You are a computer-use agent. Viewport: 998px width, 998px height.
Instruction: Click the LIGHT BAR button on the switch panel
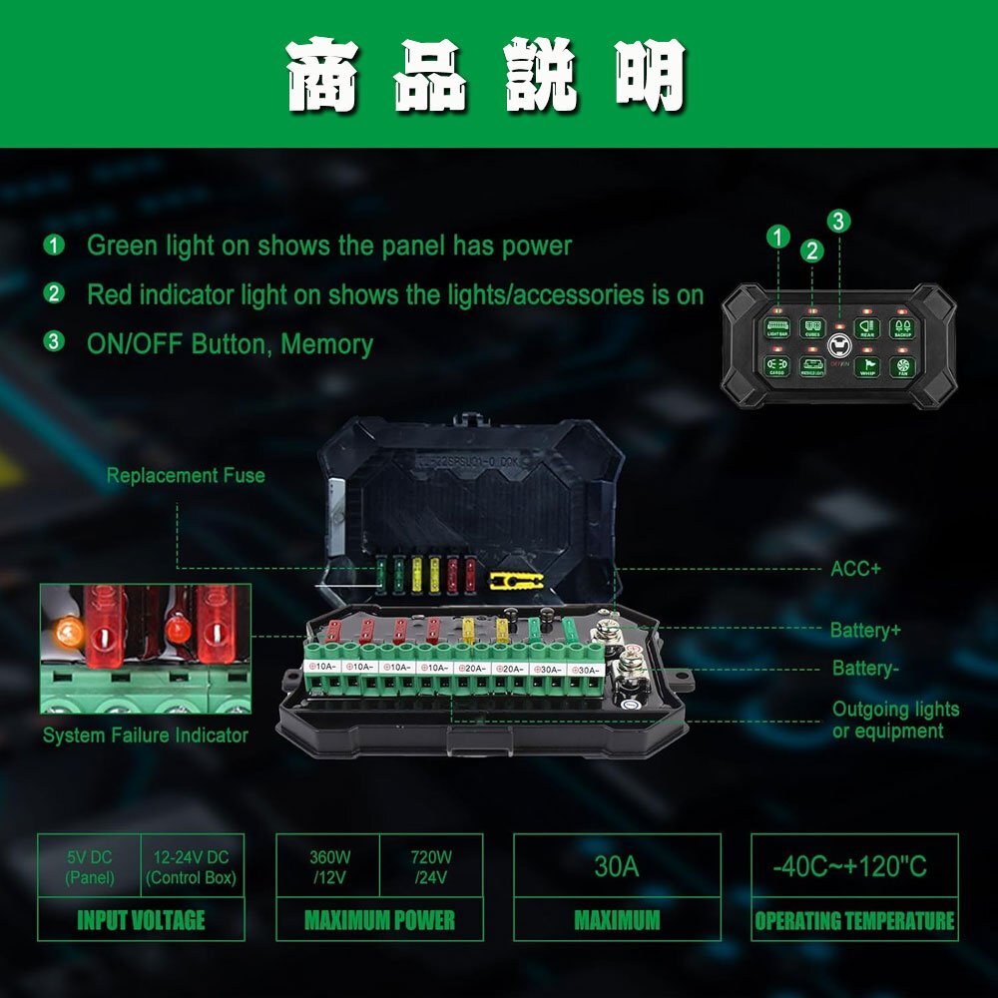point(777,328)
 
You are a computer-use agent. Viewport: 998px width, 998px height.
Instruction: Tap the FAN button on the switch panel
point(901,366)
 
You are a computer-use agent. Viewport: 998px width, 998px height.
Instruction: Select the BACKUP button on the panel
point(901,328)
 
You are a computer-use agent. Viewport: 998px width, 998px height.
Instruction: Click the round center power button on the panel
point(839,347)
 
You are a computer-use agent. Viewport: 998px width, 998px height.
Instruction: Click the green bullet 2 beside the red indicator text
point(54,293)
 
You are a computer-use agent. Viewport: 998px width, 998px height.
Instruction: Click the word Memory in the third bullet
point(326,344)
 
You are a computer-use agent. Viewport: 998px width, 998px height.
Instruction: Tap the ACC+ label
point(855,569)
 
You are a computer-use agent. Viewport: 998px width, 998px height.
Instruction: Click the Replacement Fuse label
point(186,475)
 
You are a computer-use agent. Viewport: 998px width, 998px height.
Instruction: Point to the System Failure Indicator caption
point(145,736)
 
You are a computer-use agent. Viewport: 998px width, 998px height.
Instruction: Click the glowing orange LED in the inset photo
point(69,630)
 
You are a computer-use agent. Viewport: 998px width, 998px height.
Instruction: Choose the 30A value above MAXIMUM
point(616,865)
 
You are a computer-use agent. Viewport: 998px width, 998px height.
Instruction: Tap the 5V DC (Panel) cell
point(90,867)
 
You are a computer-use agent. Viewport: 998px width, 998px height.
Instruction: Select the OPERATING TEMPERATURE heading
point(854,920)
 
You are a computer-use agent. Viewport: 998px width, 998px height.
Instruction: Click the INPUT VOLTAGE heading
point(141,920)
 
